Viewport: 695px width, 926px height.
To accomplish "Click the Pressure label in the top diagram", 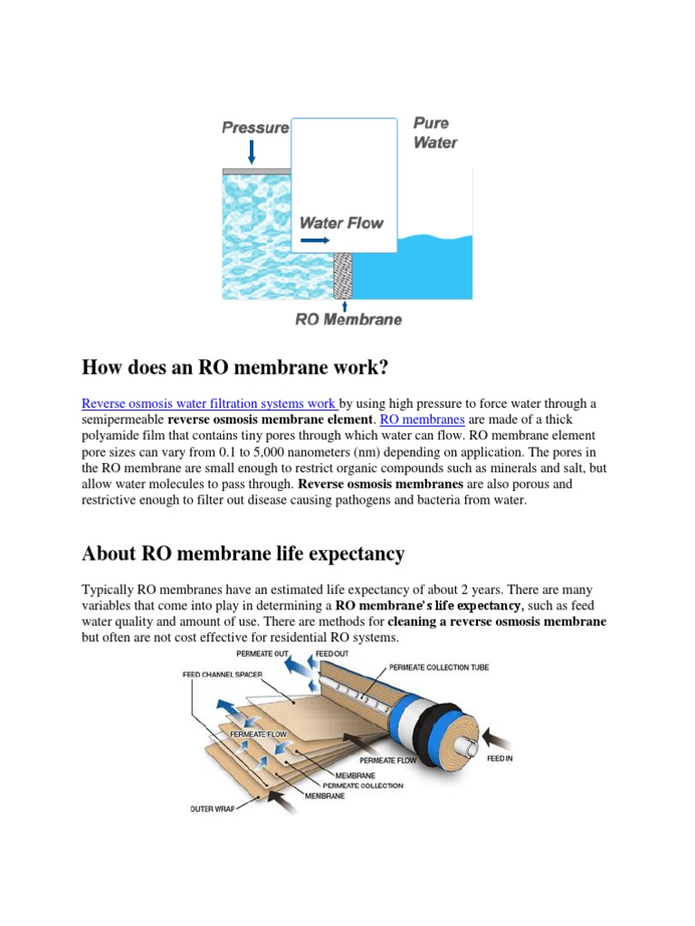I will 255,128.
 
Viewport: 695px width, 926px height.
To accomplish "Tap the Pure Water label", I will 434,133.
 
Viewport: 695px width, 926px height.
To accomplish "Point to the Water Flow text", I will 341,222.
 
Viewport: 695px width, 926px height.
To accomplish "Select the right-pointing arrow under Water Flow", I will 315,241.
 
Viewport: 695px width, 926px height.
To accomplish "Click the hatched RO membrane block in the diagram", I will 342,276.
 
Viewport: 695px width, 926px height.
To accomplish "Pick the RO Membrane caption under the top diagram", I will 348,319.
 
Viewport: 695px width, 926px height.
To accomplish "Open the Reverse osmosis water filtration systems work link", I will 209,403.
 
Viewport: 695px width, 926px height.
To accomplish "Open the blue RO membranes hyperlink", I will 422,420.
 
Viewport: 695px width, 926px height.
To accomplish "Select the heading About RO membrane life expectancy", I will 243,553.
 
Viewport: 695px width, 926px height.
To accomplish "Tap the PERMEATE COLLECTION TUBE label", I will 439,667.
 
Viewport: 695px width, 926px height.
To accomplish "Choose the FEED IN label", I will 500,759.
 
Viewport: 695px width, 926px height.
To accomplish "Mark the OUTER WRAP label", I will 213,808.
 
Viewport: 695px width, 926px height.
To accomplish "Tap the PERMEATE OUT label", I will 263,653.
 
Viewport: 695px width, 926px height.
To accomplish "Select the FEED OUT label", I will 332,653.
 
